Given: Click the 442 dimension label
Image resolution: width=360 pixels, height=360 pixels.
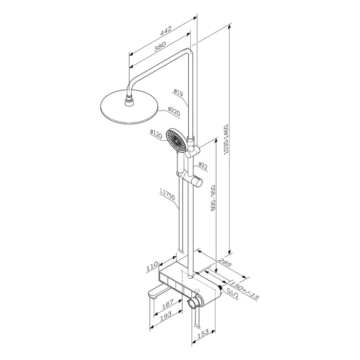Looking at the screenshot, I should (165, 32).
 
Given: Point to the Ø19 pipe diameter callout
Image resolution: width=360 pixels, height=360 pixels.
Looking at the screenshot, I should (178, 93).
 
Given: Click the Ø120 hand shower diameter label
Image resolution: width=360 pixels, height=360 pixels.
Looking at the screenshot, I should (156, 134).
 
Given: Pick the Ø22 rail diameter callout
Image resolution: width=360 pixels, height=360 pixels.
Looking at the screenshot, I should (203, 166).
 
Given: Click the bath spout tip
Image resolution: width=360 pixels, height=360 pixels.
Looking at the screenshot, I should (152, 296).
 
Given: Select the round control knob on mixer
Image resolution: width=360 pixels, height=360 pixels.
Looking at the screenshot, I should (194, 304).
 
